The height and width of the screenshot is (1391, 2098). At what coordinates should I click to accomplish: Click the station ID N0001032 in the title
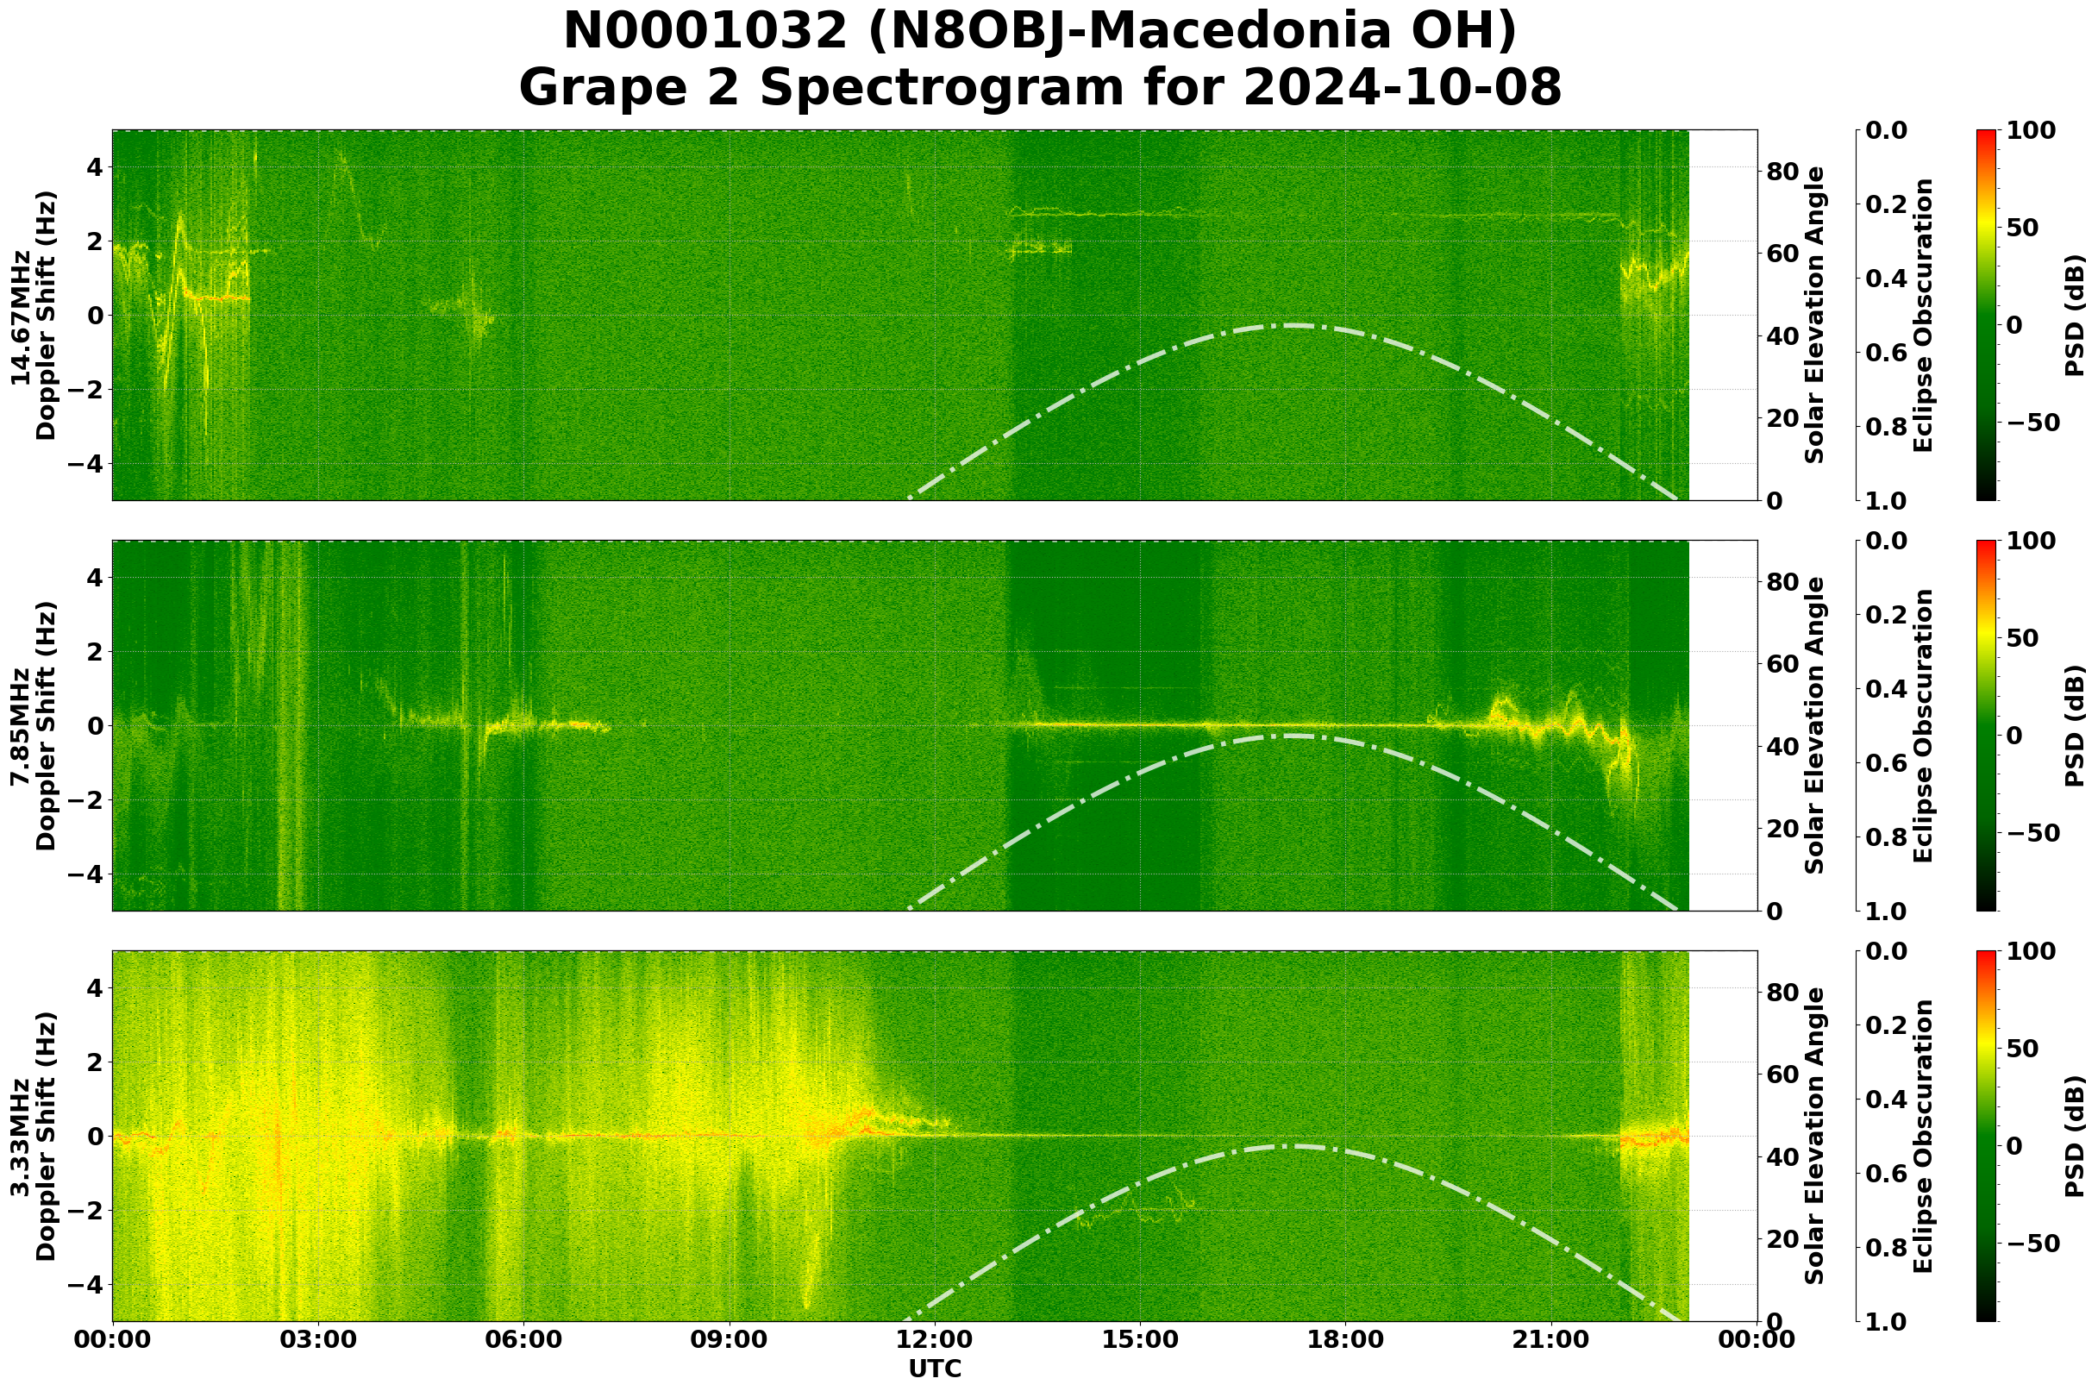click(x=705, y=33)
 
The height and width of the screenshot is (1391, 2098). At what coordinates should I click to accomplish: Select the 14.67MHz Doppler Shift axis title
click(x=33, y=316)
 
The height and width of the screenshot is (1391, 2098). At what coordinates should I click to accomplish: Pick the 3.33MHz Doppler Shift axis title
click(x=33, y=1137)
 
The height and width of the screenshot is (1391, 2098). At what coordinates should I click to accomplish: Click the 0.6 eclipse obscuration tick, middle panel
click(x=1884, y=763)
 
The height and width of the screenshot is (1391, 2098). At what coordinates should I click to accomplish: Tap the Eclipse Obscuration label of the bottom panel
click(x=1922, y=1137)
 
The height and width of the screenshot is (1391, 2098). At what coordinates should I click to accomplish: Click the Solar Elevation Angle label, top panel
click(x=1815, y=316)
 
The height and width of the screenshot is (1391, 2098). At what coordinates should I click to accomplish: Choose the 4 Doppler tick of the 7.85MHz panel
click(x=93, y=579)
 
